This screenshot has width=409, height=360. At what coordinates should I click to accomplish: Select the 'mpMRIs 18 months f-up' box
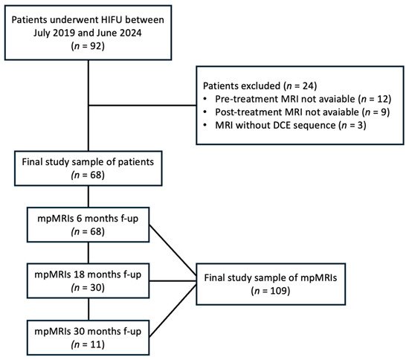[x=88, y=280]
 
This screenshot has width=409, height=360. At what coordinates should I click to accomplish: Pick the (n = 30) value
[x=88, y=288]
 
